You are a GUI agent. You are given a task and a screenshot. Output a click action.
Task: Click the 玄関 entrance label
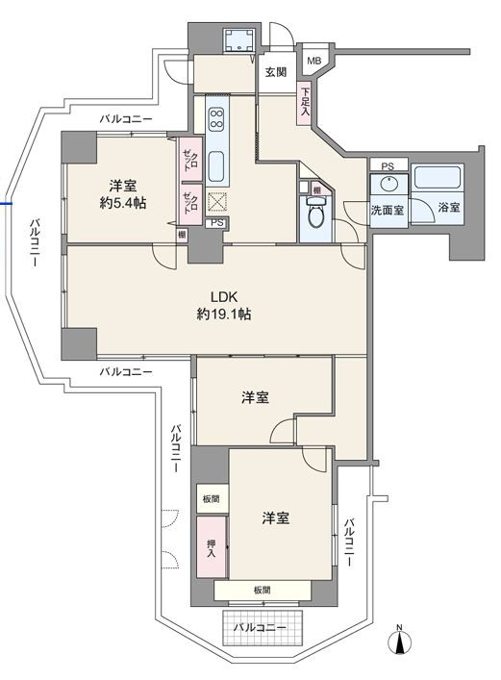click(x=276, y=71)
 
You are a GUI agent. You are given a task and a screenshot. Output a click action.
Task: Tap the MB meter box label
click(x=314, y=61)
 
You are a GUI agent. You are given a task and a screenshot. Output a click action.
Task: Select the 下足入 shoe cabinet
click(x=305, y=104)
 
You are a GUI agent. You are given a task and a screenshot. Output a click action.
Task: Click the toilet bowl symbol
click(x=315, y=213)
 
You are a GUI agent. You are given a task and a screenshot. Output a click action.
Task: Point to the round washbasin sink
click(x=390, y=184)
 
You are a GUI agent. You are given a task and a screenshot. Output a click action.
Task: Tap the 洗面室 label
click(x=387, y=211)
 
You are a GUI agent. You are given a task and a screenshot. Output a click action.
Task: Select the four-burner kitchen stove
click(x=216, y=118)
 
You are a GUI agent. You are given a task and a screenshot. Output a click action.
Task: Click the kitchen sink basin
click(x=216, y=166)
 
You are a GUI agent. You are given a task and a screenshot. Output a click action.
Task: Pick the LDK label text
click(x=224, y=297)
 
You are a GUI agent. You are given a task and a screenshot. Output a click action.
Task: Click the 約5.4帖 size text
click(x=122, y=203)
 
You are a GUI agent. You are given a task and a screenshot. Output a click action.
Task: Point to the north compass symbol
click(x=399, y=641)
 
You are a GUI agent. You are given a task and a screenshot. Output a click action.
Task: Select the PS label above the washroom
click(x=388, y=166)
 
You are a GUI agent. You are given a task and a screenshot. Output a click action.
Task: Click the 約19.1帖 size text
click(x=224, y=315)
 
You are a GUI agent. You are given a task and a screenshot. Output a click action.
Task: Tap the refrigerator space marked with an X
click(x=214, y=202)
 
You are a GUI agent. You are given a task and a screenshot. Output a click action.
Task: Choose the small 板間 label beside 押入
click(x=211, y=499)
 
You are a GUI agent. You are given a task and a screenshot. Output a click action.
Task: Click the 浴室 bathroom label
click(x=448, y=208)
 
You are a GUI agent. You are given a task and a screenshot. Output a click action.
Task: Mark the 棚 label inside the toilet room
click(x=317, y=190)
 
